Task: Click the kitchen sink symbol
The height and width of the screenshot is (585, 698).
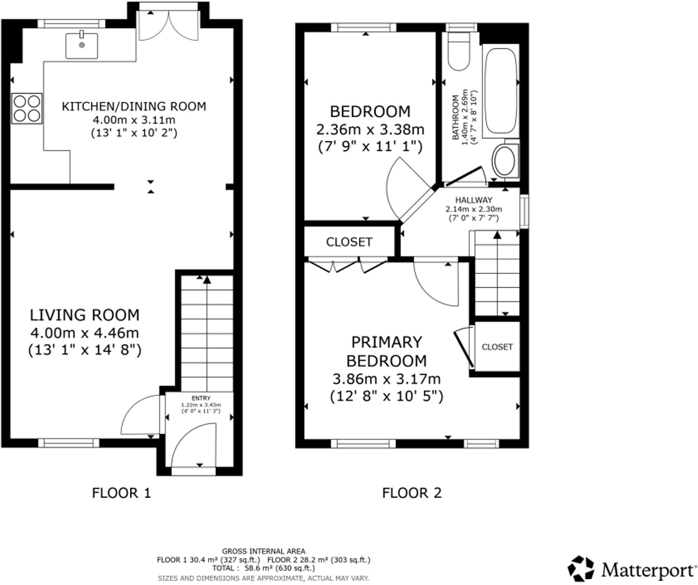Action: coord(82,45)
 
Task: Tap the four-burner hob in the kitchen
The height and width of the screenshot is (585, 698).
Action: coord(27,108)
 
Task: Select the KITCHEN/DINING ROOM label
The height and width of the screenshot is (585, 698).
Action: coord(134,107)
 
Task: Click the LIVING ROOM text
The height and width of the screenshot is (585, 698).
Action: coord(85,315)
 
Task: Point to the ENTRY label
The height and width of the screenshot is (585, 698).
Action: coord(201,398)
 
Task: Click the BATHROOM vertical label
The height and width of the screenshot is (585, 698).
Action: coord(455,118)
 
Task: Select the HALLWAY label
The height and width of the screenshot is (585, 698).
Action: coord(474,200)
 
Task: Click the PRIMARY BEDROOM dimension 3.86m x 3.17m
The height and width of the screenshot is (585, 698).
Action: coord(386,379)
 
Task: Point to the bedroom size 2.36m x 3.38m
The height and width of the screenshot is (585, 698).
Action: coord(370,130)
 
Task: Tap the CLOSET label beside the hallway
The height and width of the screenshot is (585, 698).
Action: coord(349,242)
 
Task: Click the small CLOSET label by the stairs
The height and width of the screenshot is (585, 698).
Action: coord(497,347)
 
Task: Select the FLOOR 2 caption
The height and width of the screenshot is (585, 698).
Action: coord(412,493)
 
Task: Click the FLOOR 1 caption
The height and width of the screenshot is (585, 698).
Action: coord(121,493)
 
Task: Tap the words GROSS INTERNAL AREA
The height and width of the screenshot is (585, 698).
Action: coord(263,551)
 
